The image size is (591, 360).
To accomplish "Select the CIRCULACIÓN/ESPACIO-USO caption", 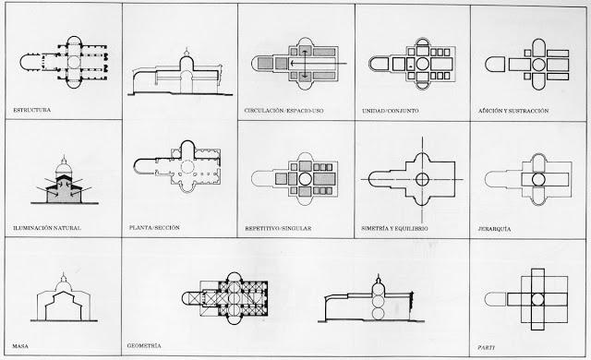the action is pos(285,110).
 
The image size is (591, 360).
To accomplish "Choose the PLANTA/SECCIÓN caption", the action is pos(154,226).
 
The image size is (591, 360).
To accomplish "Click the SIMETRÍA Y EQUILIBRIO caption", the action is pos(402,226).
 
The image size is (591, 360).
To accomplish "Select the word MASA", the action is pos(22,342).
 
